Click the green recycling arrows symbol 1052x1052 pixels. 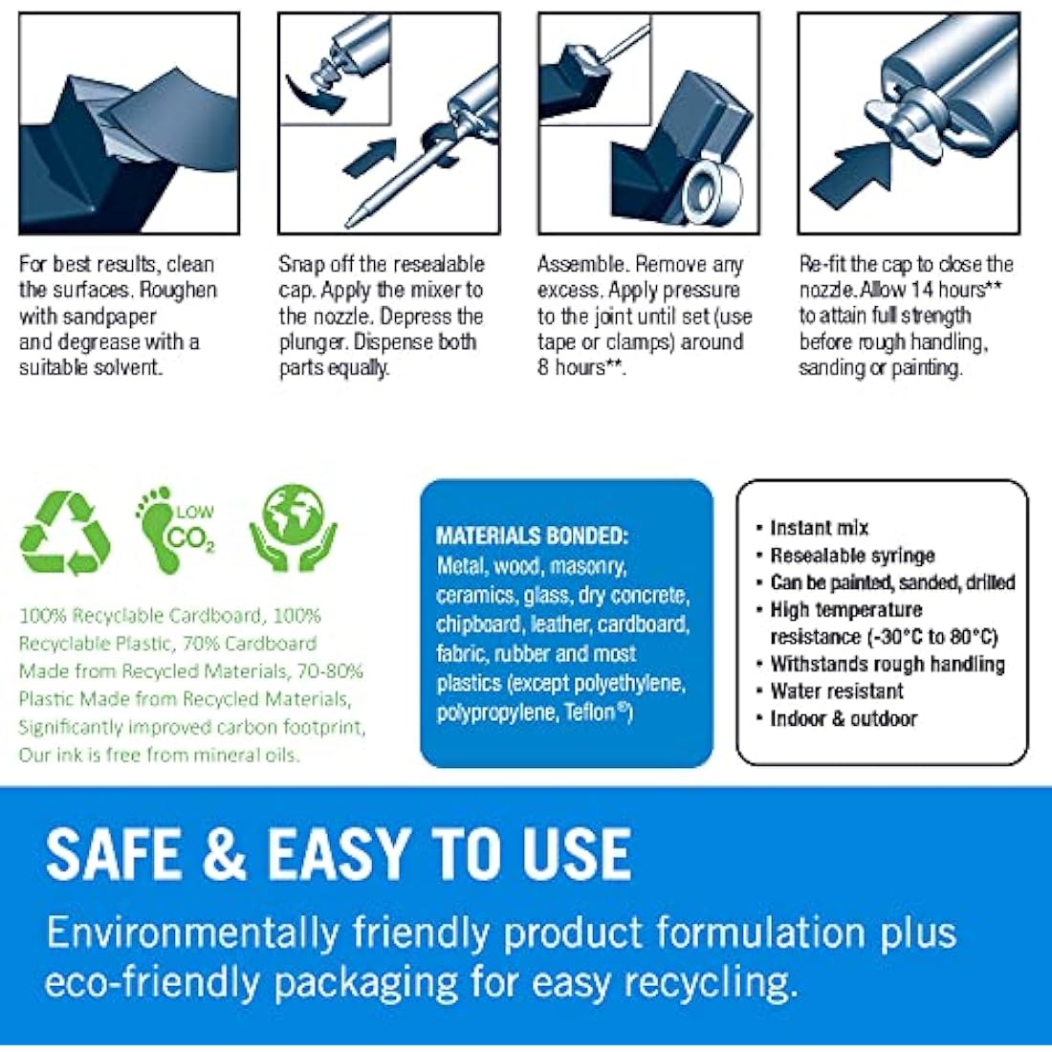click(x=65, y=533)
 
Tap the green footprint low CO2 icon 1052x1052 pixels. click(x=176, y=530)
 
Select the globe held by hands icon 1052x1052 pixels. click(x=294, y=529)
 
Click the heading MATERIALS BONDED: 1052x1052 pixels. click(x=532, y=536)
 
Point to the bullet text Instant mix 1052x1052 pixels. click(x=820, y=528)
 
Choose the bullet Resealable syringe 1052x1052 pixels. click(x=852, y=556)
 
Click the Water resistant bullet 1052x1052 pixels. click(x=837, y=691)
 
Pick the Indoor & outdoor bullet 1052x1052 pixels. click(x=844, y=718)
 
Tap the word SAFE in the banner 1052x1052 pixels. click(x=115, y=853)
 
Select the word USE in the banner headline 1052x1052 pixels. click(x=576, y=853)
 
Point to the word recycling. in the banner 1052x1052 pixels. click(x=712, y=983)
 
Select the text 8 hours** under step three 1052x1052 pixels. click(x=581, y=367)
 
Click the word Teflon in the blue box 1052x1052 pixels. click(x=594, y=712)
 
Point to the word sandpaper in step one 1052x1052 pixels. click(x=121, y=317)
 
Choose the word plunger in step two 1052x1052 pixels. click(x=313, y=342)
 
